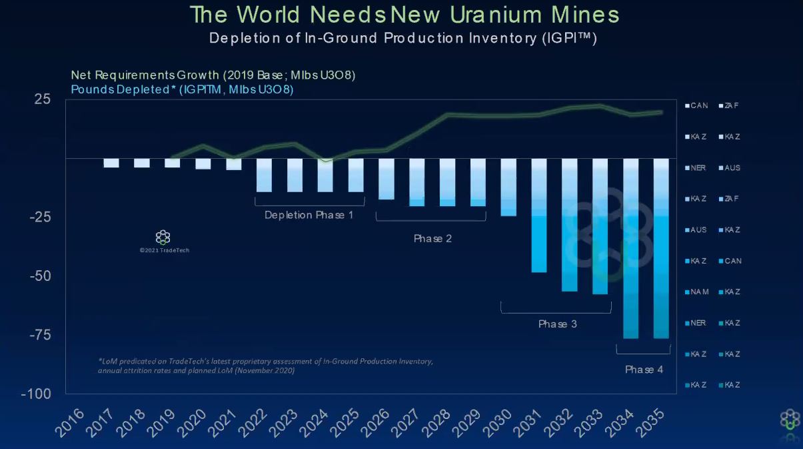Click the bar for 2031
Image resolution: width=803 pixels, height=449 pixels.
[x=539, y=215]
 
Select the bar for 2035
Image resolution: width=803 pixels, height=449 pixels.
[x=661, y=248]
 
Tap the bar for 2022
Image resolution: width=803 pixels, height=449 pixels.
[x=264, y=175]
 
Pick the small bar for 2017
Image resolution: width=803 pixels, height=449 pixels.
[x=111, y=163]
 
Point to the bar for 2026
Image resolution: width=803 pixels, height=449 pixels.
[x=387, y=179]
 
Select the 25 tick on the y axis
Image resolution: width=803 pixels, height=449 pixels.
[x=42, y=99]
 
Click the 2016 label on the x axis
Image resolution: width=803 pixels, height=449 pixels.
[x=72, y=422]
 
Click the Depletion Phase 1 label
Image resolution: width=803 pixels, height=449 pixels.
[x=309, y=215]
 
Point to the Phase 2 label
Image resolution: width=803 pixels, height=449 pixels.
[x=432, y=238]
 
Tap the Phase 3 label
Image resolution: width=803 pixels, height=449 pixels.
[x=557, y=324]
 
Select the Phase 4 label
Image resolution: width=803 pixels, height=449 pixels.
[x=644, y=370]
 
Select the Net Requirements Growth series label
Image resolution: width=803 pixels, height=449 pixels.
[x=213, y=75]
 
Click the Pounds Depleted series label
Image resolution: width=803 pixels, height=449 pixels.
[x=182, y=89]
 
